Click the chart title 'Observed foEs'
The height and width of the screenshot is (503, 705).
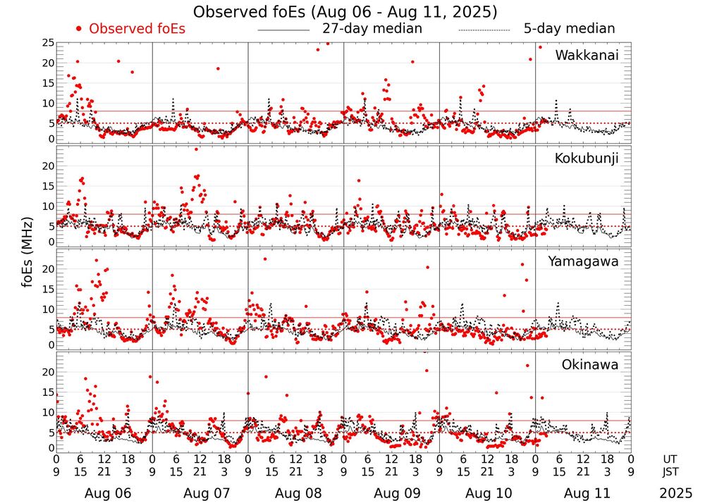(x=345, y=12)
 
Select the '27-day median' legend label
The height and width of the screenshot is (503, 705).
(x=372, y=29)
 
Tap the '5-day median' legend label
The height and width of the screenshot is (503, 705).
(x=569, y=29)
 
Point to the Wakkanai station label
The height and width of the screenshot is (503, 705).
(x=587, y=56)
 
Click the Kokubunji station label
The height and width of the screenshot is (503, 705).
(x=587, y=158)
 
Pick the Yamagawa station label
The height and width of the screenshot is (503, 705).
(x=583, y=261)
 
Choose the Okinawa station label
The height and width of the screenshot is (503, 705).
(x=590, y=365)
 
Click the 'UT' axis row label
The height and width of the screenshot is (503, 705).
(x=675, y=459)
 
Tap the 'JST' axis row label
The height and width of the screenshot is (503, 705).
(x=675, y=471)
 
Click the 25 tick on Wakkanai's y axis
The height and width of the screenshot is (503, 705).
(x=47, y=43)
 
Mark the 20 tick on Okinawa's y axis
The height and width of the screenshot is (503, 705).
(x=47, y=371)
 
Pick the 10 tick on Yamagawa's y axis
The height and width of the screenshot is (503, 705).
(x=47, y=309)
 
